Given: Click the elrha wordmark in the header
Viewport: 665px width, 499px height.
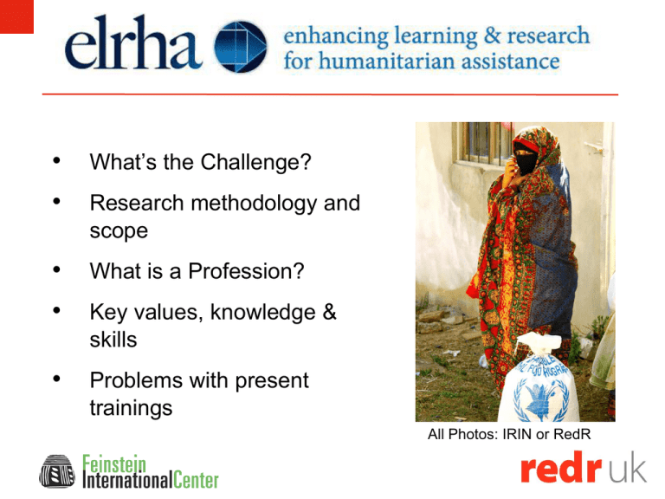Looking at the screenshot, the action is pos(133,42).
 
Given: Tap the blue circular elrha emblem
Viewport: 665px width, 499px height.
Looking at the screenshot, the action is pos(241,46).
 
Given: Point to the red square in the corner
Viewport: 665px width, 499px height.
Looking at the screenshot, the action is pos(16,16).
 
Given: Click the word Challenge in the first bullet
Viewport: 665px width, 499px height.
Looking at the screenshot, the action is pos(255,162).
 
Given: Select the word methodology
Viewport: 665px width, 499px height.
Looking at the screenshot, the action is pos(254,204).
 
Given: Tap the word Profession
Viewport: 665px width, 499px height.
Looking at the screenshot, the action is pos(246,271).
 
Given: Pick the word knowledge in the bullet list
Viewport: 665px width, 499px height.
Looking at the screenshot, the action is pos(263,313).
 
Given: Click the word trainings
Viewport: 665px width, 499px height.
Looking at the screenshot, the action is pos(131,408).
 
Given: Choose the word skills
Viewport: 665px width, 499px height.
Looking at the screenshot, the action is pos(113,340).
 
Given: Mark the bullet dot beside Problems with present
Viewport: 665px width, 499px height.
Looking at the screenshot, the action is pos(56,379).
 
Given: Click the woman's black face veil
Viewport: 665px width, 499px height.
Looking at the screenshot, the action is pos(526,159).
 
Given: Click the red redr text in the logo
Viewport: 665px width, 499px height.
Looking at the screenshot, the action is pos(561,469).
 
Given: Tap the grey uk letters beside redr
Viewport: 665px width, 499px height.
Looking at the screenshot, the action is pos(628,468).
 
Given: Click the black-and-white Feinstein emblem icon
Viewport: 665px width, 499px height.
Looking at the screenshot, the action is pos(57,471).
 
